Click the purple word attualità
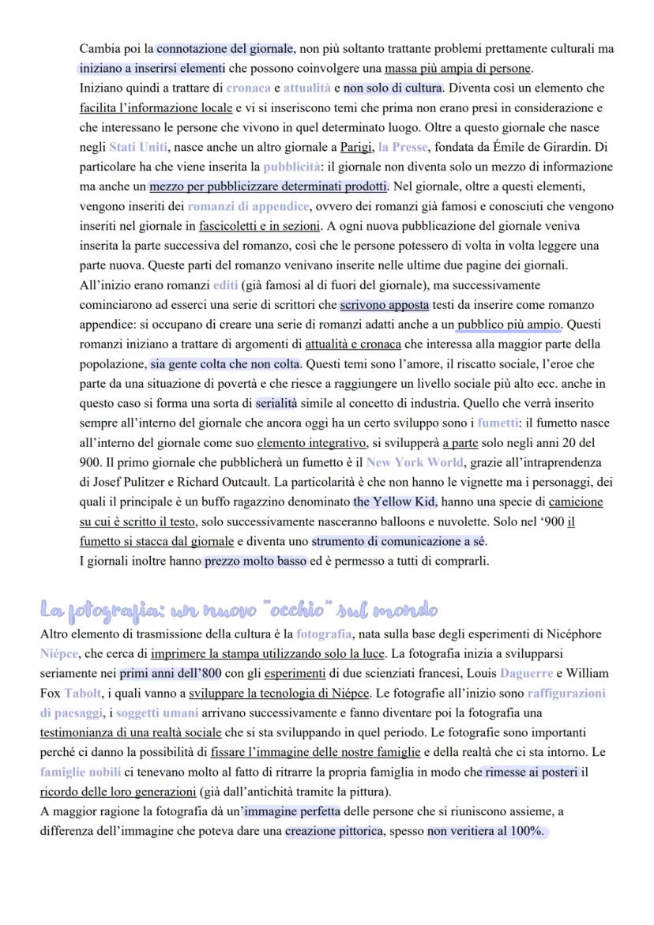coord(306,88)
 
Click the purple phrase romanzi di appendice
coord(248,206)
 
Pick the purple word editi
coord(226,284)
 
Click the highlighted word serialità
coord(282,403)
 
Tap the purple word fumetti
coord(498,423)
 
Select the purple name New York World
coord(415,462)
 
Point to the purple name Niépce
coord(59,653)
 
